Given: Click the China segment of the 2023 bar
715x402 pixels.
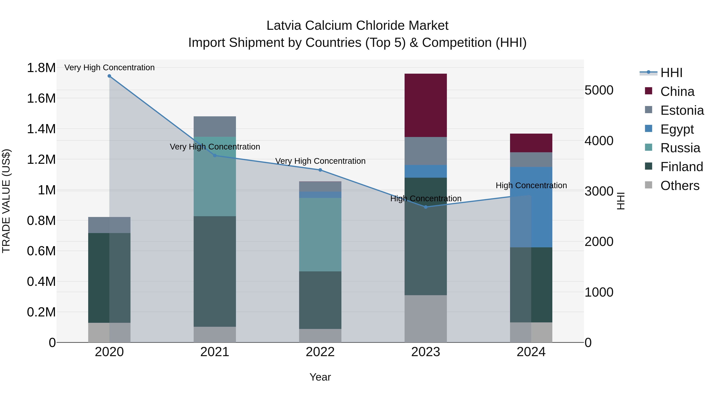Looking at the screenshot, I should (x=425, y=105).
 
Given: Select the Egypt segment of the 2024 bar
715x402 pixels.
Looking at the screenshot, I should (x=531, y=207).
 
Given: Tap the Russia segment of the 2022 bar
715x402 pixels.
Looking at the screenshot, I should (x=320, y=234).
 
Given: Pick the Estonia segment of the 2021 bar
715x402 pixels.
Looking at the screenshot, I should (x=214, y=126).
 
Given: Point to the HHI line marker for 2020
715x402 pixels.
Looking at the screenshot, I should (x=109, y=76).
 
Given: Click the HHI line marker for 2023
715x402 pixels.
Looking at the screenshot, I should (x=425, y=207).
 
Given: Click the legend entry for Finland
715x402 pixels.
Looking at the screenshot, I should (x=681, y=167).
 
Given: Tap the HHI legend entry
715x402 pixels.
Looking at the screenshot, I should (x=671, y=73).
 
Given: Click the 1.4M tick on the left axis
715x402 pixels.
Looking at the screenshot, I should (x=41, y=129).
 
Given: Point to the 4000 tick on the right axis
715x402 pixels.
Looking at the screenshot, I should (x=599, y=141).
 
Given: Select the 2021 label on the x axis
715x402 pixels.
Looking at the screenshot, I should (x=214, y=352).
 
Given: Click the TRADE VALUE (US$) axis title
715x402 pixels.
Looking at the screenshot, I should (x=6, y=201).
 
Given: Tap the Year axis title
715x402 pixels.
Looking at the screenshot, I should (x=320, y=377).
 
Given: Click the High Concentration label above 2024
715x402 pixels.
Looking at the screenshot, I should (x=531, y=185).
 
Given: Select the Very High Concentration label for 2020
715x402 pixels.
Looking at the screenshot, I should (x=109, y=67).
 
